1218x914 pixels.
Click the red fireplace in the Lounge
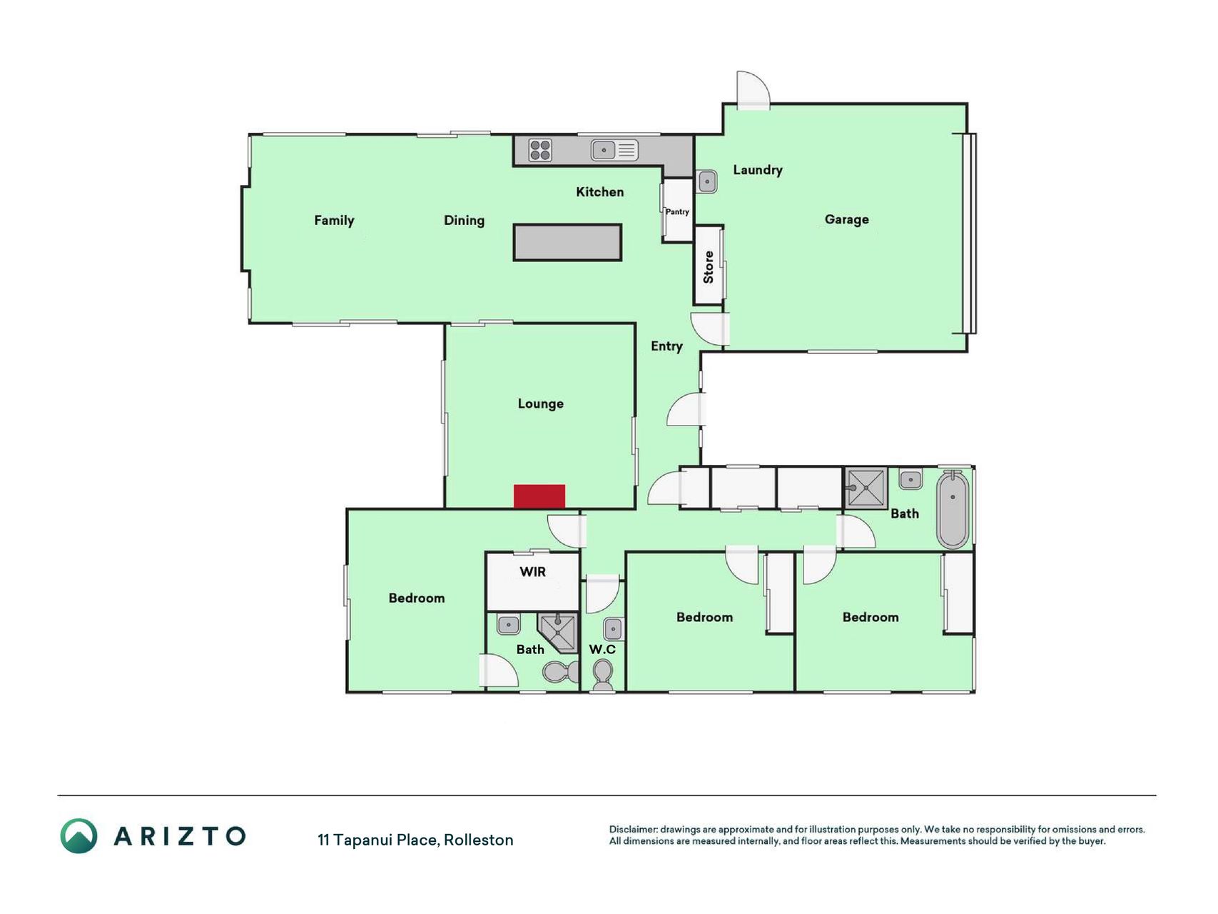539,496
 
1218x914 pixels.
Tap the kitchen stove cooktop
540,151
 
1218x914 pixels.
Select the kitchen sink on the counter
614,150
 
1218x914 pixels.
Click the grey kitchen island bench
567,242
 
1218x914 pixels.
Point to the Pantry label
677,212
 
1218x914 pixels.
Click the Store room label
709,267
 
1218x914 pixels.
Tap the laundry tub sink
707,181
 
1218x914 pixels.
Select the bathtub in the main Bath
953,509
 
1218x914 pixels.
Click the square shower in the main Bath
866,488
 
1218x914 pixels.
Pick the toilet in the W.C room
603,674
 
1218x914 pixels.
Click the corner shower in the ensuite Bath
558,633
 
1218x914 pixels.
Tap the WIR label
532,572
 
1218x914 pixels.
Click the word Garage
847,220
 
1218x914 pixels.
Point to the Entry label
666,346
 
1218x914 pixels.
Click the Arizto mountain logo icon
78,836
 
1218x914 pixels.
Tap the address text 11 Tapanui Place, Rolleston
415,840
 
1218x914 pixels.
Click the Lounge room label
540,404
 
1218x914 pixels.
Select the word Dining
464,221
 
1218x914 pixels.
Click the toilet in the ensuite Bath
562,672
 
